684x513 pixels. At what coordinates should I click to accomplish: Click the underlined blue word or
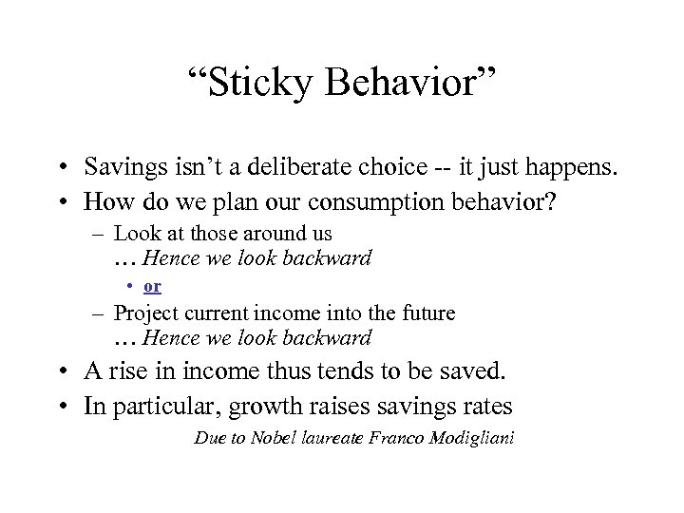pos(152,286)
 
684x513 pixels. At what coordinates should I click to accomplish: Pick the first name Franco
pos(395,438)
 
